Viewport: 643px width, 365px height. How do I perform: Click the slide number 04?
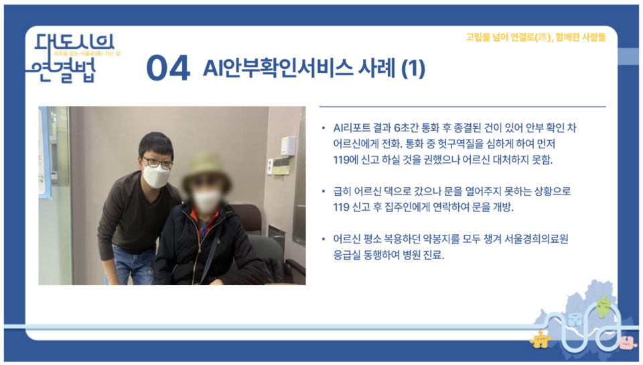[x=167, y=69]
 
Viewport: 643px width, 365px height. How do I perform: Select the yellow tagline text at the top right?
[x=535, y=38]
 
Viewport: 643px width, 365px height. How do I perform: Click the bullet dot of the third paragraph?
[x=324, y=240]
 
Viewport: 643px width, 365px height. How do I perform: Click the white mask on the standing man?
[x=158, y=176]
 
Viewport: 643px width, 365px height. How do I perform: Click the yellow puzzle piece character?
[x=539, y=340]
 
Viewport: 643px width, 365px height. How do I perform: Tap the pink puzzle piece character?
[x=626, y=342]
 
